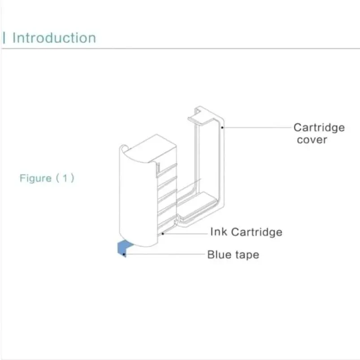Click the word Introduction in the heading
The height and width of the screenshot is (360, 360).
(54, 38)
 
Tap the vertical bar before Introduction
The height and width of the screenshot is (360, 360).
(4, 38)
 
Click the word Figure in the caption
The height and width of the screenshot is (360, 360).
(35, 178)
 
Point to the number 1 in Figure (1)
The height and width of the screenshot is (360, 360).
(65, 178)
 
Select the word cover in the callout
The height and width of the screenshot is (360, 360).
(312, 139)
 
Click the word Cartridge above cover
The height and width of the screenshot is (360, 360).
(319, 127)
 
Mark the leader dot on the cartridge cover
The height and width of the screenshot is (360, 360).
(222, 128)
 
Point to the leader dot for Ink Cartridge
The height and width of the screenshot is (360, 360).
(164, 233)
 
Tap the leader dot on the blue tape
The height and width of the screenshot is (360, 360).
(124, 254)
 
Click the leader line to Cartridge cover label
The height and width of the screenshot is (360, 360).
(256, 127)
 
